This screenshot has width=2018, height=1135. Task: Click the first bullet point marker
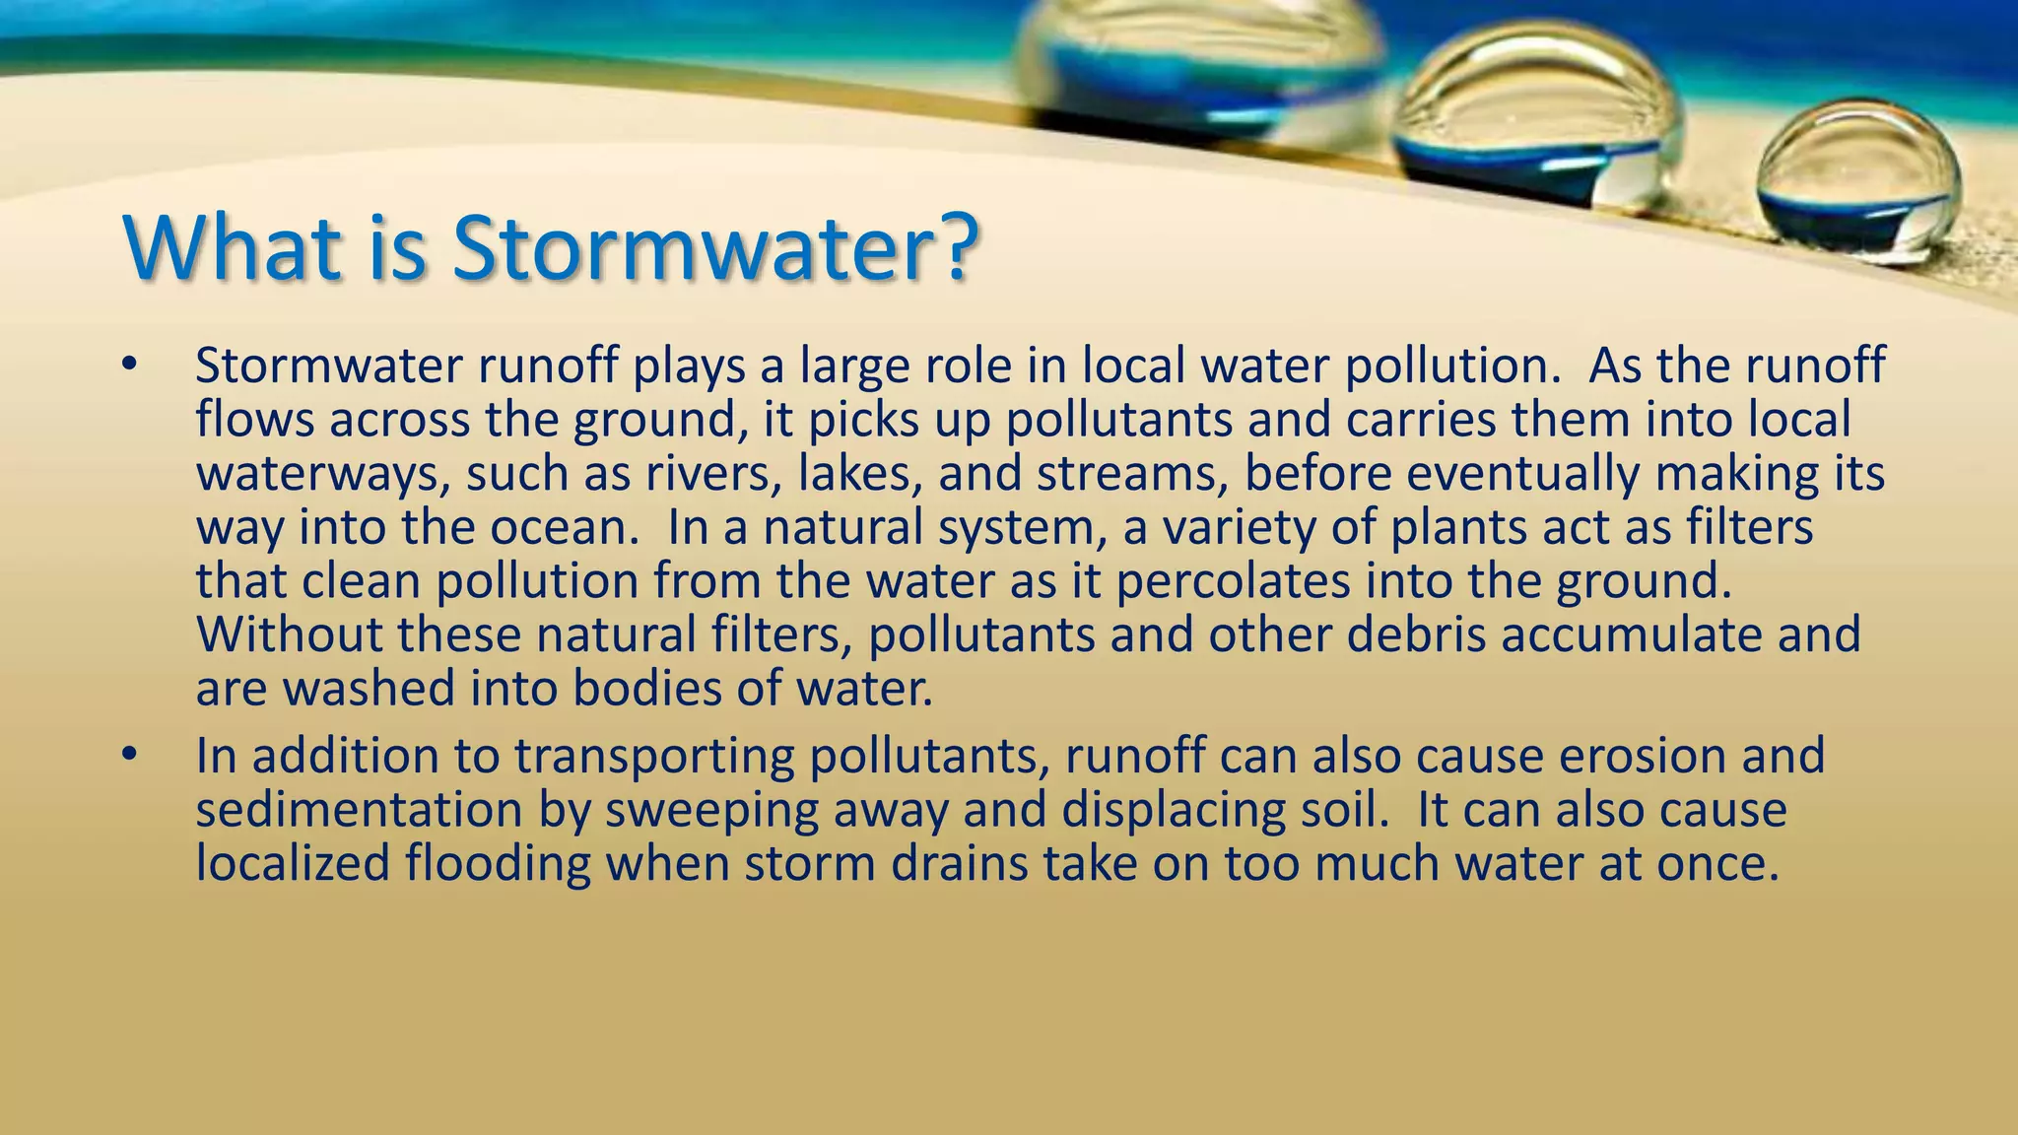(127, 366)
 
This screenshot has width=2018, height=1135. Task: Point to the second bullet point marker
(127, 756)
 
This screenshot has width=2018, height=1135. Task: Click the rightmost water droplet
(1858, 182)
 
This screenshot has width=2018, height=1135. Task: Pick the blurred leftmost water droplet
(1197, 69)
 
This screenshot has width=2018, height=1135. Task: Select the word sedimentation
(359, 810)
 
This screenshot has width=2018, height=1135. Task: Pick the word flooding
(498, 864)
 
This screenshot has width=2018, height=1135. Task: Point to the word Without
(289, 634)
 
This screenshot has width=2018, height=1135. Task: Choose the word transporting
(653, 757)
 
